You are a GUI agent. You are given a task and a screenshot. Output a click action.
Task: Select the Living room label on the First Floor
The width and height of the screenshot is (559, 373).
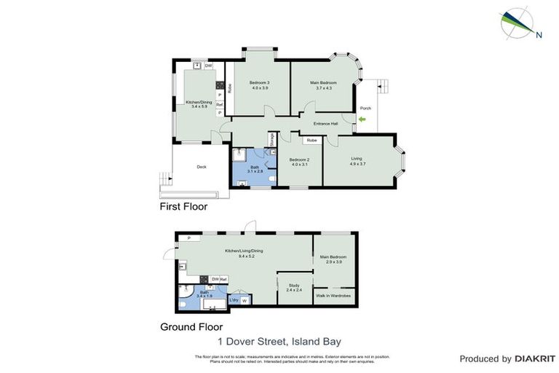(356, 161)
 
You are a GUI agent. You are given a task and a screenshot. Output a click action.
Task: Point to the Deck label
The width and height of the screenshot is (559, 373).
(202, 167)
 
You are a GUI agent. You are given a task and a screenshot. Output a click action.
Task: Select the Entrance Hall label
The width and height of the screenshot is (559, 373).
(326, 124)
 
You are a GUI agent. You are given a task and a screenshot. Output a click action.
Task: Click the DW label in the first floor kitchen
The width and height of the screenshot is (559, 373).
(208, 66)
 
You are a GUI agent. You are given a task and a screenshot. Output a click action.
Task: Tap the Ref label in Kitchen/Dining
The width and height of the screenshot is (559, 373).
(219, 104)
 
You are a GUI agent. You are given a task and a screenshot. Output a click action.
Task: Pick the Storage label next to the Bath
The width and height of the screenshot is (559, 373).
(272, 140)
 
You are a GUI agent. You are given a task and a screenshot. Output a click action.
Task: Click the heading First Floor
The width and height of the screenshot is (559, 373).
(183, 207)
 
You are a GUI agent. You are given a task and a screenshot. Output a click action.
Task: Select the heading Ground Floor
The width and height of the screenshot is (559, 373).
(191, 327)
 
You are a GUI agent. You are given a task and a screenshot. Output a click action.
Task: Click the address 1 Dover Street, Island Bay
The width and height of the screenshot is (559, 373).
(279, 341)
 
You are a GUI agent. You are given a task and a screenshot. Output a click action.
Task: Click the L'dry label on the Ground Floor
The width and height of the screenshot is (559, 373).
(234, 300)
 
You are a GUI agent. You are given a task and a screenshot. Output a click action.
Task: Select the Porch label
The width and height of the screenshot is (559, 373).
(365, 109)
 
